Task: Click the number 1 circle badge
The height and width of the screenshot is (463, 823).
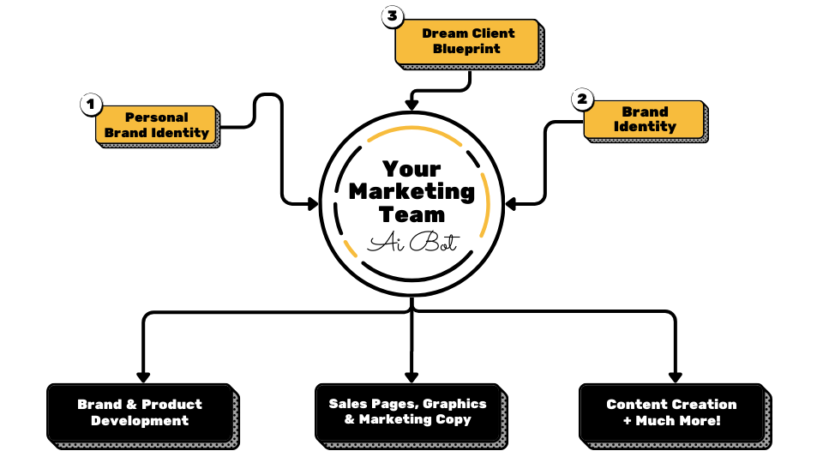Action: pyautogui.click(x=91, y=105)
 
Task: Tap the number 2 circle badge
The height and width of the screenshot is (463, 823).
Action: pyautogui.click(x=582, y=99)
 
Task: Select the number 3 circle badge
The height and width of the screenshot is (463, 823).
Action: pyautogui.click(x=392, y=15)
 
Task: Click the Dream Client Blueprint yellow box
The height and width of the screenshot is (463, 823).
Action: pyautogui.click(x=467, y=41)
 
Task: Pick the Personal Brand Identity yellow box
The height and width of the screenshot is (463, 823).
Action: pyautogui.click(x=156, y=125)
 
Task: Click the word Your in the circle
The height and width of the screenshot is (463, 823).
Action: pyautogui.click(x=411, y=169)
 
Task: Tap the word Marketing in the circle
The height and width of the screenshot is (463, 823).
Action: pyautogui.click(x=411, y=191)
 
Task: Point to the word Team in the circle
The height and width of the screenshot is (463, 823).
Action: pyautogui.click(x=411, y=214)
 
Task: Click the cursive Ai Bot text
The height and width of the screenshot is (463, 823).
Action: pyautogui.click(x=411, y=244)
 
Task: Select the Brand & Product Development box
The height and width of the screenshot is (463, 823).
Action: pyautogui.click(x=140, y=412)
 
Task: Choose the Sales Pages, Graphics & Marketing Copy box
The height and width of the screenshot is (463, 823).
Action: pyautogui.click(x=407, y=412)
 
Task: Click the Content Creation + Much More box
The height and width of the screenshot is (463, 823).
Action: pyautogui.click(x=671, y=412)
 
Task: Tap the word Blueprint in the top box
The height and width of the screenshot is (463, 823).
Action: pyautogui.click(x=467, y=49)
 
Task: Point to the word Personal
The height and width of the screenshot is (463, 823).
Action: pyautogui.click(x=157, y=117)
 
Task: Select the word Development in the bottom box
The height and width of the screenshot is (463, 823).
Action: pyautogui.click(x=140, y=421)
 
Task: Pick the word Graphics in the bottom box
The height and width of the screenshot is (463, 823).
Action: pyautogui.click(x=454, y=403)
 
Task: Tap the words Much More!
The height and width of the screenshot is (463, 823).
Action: pyautogui.click(x=678, y=421)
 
